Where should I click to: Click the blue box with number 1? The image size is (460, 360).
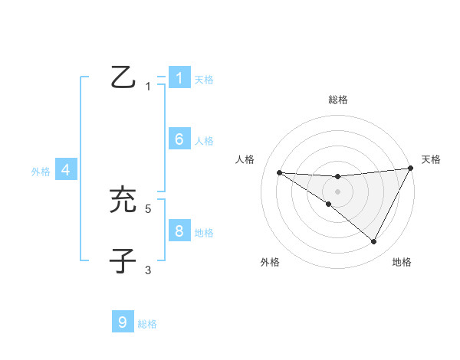tap(179, 77)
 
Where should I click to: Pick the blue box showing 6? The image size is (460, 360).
tap(179, 139)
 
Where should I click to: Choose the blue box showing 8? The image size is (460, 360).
tap(179, 231)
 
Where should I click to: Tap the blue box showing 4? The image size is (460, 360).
tap(66, 170)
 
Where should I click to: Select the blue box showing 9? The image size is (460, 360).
tap(123, 322)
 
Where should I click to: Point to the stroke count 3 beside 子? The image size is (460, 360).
tap(149, 270)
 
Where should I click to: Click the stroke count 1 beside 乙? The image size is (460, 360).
tap(149, 87)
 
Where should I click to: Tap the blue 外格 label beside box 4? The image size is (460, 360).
tap(41, 172)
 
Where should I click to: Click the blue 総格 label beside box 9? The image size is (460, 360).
tap(147, 324)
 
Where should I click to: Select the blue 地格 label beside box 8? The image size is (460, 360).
tap(204, 233)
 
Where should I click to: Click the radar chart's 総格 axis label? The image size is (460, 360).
tap(337, 100)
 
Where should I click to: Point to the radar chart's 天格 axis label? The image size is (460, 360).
tap(431, 159)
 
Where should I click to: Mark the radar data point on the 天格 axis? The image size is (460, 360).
tap(411, 169)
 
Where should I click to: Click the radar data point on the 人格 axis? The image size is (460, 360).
tap(279, 172)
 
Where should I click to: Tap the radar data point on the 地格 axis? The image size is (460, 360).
tap(373, 242)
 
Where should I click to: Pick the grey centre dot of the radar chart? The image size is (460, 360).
tap(337, 191)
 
